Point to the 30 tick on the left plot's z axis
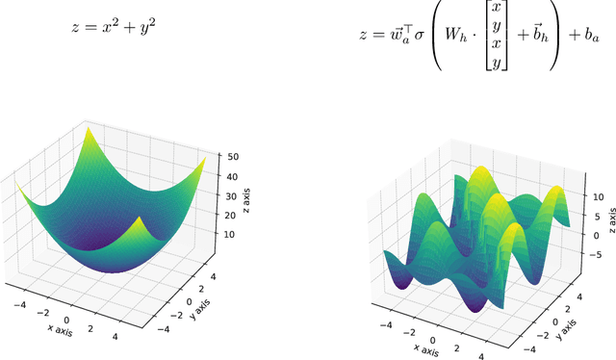pos(233,195)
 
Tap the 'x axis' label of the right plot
pos(428,348)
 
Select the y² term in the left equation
pos(145,27)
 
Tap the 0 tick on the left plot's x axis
pos(66,321)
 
